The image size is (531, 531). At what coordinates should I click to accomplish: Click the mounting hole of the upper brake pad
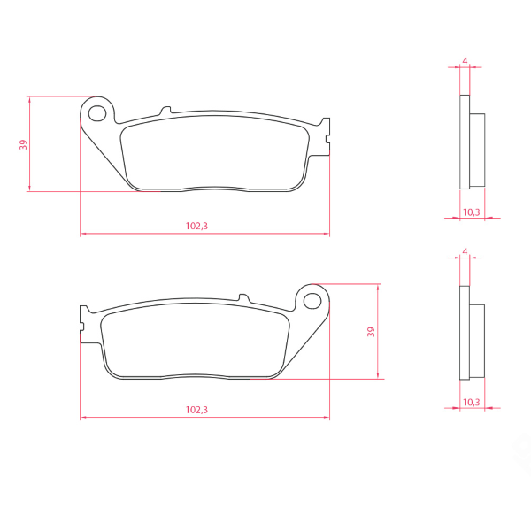[97, 112]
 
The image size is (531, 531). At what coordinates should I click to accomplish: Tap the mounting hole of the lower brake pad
[312, 301]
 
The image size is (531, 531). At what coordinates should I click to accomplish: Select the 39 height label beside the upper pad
[24, 143]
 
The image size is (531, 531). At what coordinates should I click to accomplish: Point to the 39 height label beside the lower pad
[371, 332]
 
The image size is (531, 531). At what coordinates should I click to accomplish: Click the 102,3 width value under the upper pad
[196, 226]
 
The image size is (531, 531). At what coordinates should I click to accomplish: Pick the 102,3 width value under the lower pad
[196, 410]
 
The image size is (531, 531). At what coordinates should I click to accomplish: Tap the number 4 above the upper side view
[465, 62]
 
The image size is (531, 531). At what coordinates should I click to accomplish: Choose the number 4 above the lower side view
[465, 252]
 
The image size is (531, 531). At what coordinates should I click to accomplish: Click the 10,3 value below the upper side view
[471, 212]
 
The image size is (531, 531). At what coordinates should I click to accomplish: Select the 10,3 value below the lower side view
[471, 402]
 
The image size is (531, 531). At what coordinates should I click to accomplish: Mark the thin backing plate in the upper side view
[465, 142]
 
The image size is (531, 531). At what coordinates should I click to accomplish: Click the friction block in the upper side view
[477, 150]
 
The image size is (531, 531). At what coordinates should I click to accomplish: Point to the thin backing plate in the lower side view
[465, 332]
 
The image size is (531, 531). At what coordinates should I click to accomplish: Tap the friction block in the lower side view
[477, 340]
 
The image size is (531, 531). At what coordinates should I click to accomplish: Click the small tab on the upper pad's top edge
[165, 112]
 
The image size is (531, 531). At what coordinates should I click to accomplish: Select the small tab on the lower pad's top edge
[242, 298]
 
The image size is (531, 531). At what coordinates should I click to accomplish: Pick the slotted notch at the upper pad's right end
[327, 138]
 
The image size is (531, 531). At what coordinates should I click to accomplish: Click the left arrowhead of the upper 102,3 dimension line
[83, 234]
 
